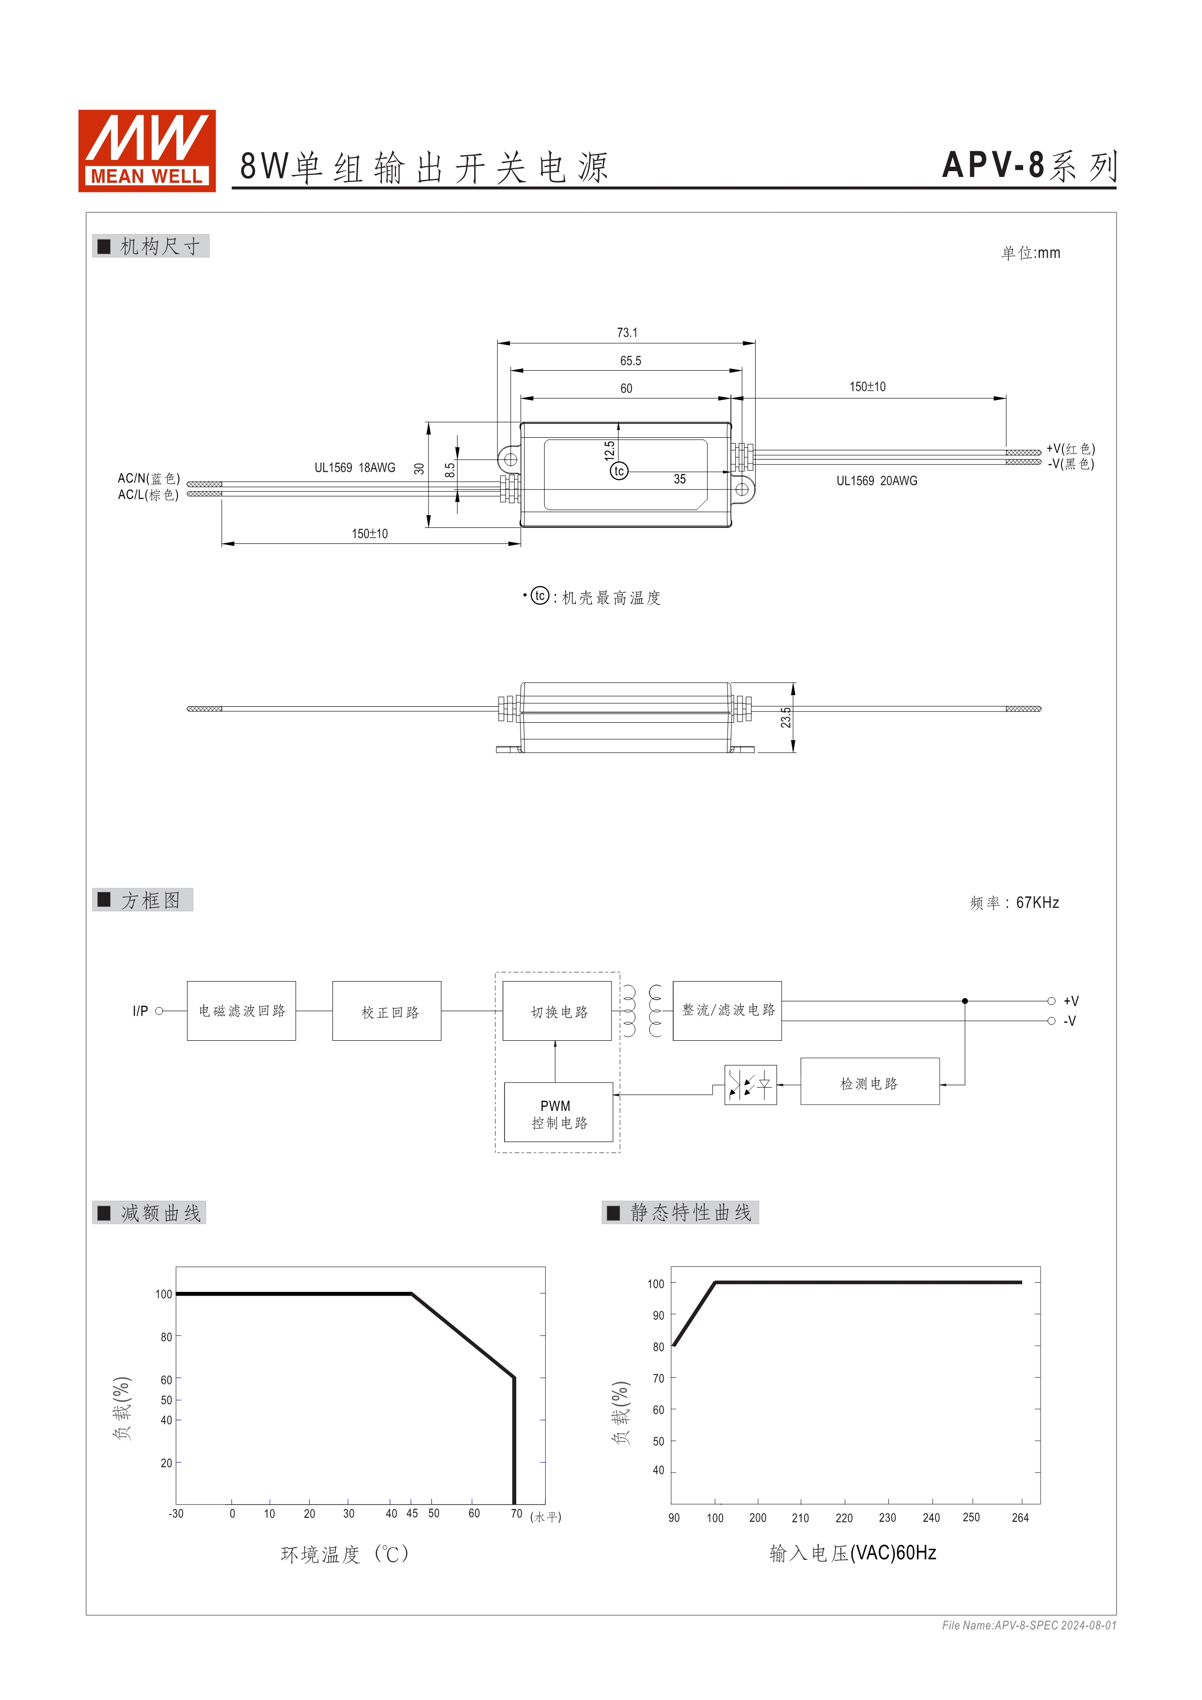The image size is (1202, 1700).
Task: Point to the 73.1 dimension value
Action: (626, 333)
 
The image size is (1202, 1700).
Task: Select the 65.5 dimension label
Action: (630, 361)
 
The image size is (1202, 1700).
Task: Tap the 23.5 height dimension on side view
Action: (785, 717)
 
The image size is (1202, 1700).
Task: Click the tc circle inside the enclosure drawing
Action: (619, 471)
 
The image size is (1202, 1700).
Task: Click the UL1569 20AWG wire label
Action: (876, 481)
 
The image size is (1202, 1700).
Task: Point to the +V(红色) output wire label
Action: (1070, 449)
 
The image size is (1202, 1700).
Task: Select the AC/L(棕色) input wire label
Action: (148, 494)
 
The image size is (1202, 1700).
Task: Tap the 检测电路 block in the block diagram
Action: (869, 1084)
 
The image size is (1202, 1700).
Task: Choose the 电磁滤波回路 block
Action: (241, 1011)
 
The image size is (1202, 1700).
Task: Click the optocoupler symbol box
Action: (750, 1085)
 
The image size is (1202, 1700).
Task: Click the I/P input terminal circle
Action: (158, 1011)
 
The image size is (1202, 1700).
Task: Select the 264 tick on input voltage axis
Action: (1019, 1518)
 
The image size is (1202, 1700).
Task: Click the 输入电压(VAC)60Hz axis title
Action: (852, 1553)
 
